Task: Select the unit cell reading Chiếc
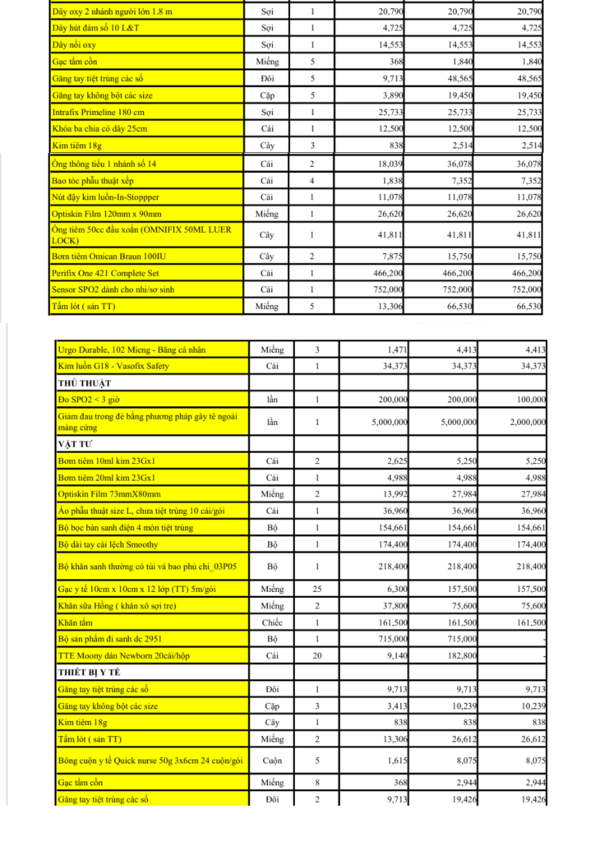(x=271, y=622)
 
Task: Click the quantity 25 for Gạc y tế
(x=317, y=590)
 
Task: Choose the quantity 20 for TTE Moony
(x=317, y=656)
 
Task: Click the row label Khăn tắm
(x=76, y=622)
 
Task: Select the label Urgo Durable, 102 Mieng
(x=131, y=349)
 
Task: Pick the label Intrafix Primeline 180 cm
(x=99, y=112)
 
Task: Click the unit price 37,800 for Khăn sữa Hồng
(x=388, y=606)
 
